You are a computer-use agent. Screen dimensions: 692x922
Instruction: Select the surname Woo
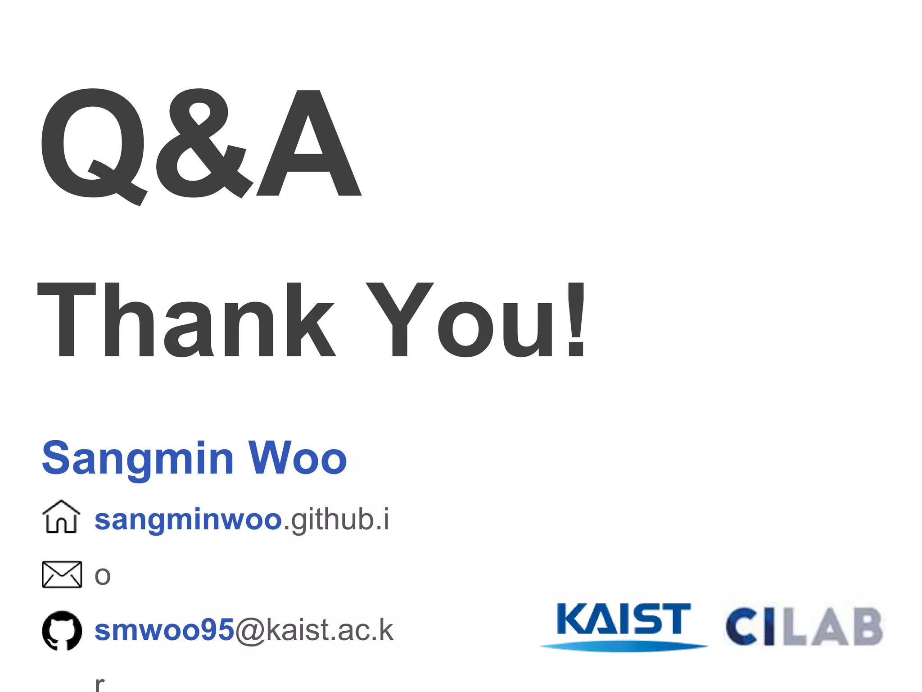(x=298, y=459)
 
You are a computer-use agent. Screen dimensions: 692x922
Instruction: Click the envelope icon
(x=62, y=574)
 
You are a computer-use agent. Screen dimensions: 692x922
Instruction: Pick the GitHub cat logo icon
(x=62, y=631)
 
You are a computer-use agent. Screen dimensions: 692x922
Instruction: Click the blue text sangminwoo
(x=188, y=520)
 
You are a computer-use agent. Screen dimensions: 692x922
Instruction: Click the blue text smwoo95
(x=164, y=630)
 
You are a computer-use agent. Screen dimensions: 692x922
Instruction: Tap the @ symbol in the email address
(x=250, y=631)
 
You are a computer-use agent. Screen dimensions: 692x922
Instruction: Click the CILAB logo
(x=804, y=626)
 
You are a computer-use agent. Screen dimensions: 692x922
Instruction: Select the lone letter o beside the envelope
(x=103, y=576)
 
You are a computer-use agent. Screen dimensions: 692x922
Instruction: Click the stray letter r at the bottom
(x=100, y=684)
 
